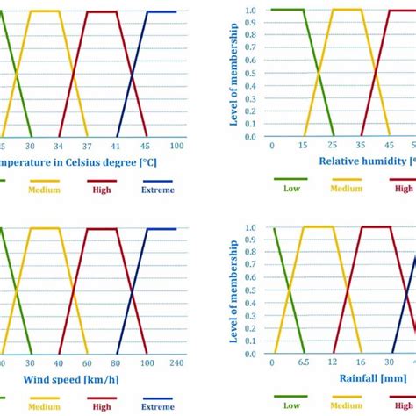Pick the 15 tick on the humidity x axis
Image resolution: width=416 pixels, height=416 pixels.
pyautogui.click(x=302, y=144)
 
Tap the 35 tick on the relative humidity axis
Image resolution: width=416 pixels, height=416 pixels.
pyautogui.click(x=361, y=144)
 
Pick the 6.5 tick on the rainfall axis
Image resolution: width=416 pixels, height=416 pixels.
pyautogui.click(x=302, y=362)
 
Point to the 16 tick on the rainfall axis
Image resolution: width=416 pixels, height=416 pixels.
pyautogui.click(x=361, y=362)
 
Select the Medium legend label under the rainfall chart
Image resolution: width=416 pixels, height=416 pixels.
pyautogui.click(x=346, y=405)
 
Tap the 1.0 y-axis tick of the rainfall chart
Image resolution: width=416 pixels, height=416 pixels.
pyautogui.click(x=251, y=227)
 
